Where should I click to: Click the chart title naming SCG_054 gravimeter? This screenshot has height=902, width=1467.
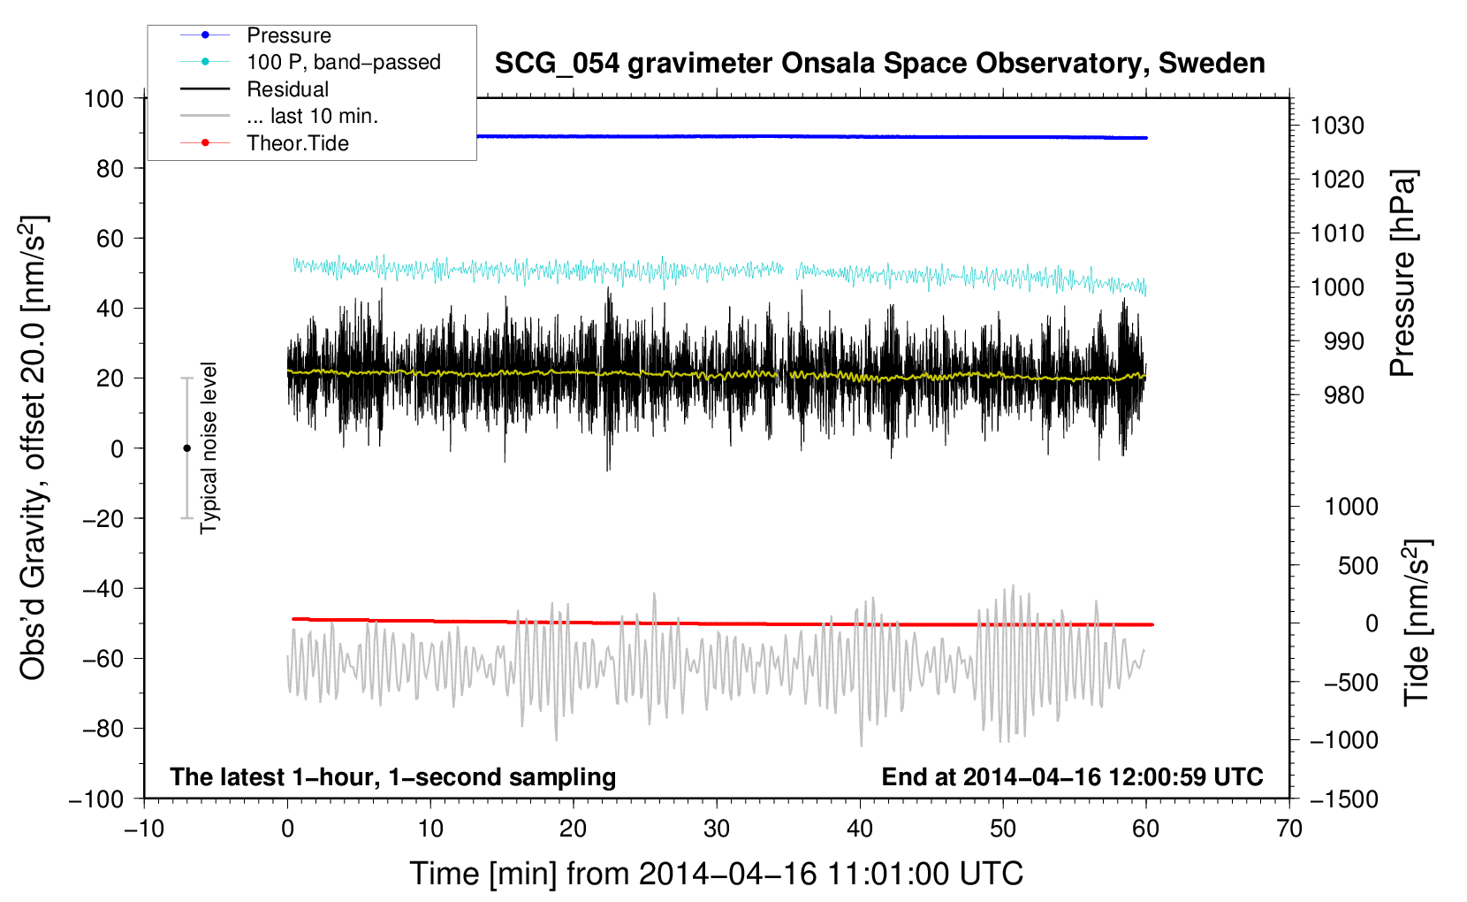pos(879,64)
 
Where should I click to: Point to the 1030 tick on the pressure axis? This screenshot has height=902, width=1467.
pos(1336,126)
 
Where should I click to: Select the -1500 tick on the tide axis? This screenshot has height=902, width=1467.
pos(1343,799)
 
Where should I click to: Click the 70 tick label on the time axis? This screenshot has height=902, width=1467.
pos(1289,829)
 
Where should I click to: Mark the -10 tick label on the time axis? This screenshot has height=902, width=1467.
pos(144,829)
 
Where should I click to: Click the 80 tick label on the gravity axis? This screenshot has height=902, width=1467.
pos(110,168)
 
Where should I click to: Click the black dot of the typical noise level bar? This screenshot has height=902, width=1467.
pos(186,448)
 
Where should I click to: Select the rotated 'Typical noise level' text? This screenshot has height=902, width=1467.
pos(209,447)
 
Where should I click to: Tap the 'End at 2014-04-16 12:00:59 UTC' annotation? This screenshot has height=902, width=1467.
pos(1072,776)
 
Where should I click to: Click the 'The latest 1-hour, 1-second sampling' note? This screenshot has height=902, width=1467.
pos(392,776)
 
